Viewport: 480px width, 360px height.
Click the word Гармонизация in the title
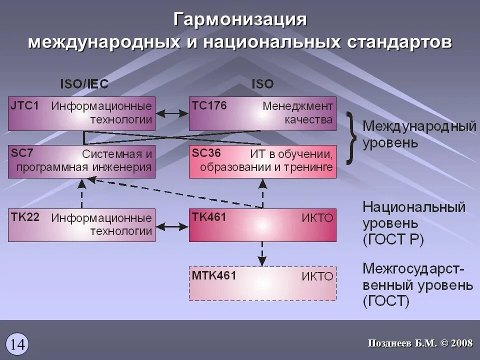pyautogui.click(x=240, y=19)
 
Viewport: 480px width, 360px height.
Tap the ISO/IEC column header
pyautogui.click(x=84, y=83)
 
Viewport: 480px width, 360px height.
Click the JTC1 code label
pyautogui.click(x=24, y=106)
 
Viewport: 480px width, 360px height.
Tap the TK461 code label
pyautogui.click(x=209, y=217)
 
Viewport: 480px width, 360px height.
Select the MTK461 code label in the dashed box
pyautogui.click(x=214, y=275)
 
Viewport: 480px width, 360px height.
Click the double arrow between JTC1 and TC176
pyautogui.click(x=171, y=114)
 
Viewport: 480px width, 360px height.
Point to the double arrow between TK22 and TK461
pyautogui.click(x=171, y=226)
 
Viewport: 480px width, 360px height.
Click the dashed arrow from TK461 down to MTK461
pyautogui.click(x=261, y=254)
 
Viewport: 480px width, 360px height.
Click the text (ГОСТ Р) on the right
pyautogui.click(x=393, y=240)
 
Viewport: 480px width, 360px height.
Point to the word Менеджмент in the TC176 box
pyautogui.click(x=297, y=106)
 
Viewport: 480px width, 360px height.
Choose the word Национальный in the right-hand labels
pyautogui.click(x=414, y=207)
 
